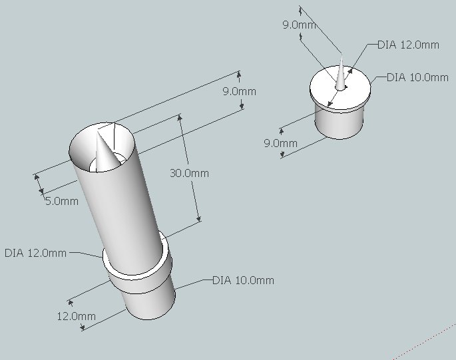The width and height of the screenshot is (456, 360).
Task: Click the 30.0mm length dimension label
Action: coord(189,173)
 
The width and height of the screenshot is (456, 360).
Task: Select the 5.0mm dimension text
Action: coord(62,201)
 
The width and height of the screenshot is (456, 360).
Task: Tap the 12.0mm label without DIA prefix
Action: coord(76,316)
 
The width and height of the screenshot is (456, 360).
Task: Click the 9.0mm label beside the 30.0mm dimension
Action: coord(240,91)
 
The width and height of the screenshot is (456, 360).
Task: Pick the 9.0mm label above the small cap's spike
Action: coord(300,25)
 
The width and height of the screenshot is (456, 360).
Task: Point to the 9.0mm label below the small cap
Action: coord(281,143)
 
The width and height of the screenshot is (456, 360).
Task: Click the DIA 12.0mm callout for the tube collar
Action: coord(36,253)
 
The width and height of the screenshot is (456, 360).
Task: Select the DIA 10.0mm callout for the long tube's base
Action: coord(243,280)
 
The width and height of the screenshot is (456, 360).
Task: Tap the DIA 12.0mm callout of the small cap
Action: coord(408,45)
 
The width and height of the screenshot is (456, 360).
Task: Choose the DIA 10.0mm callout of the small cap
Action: coord(417,77)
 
